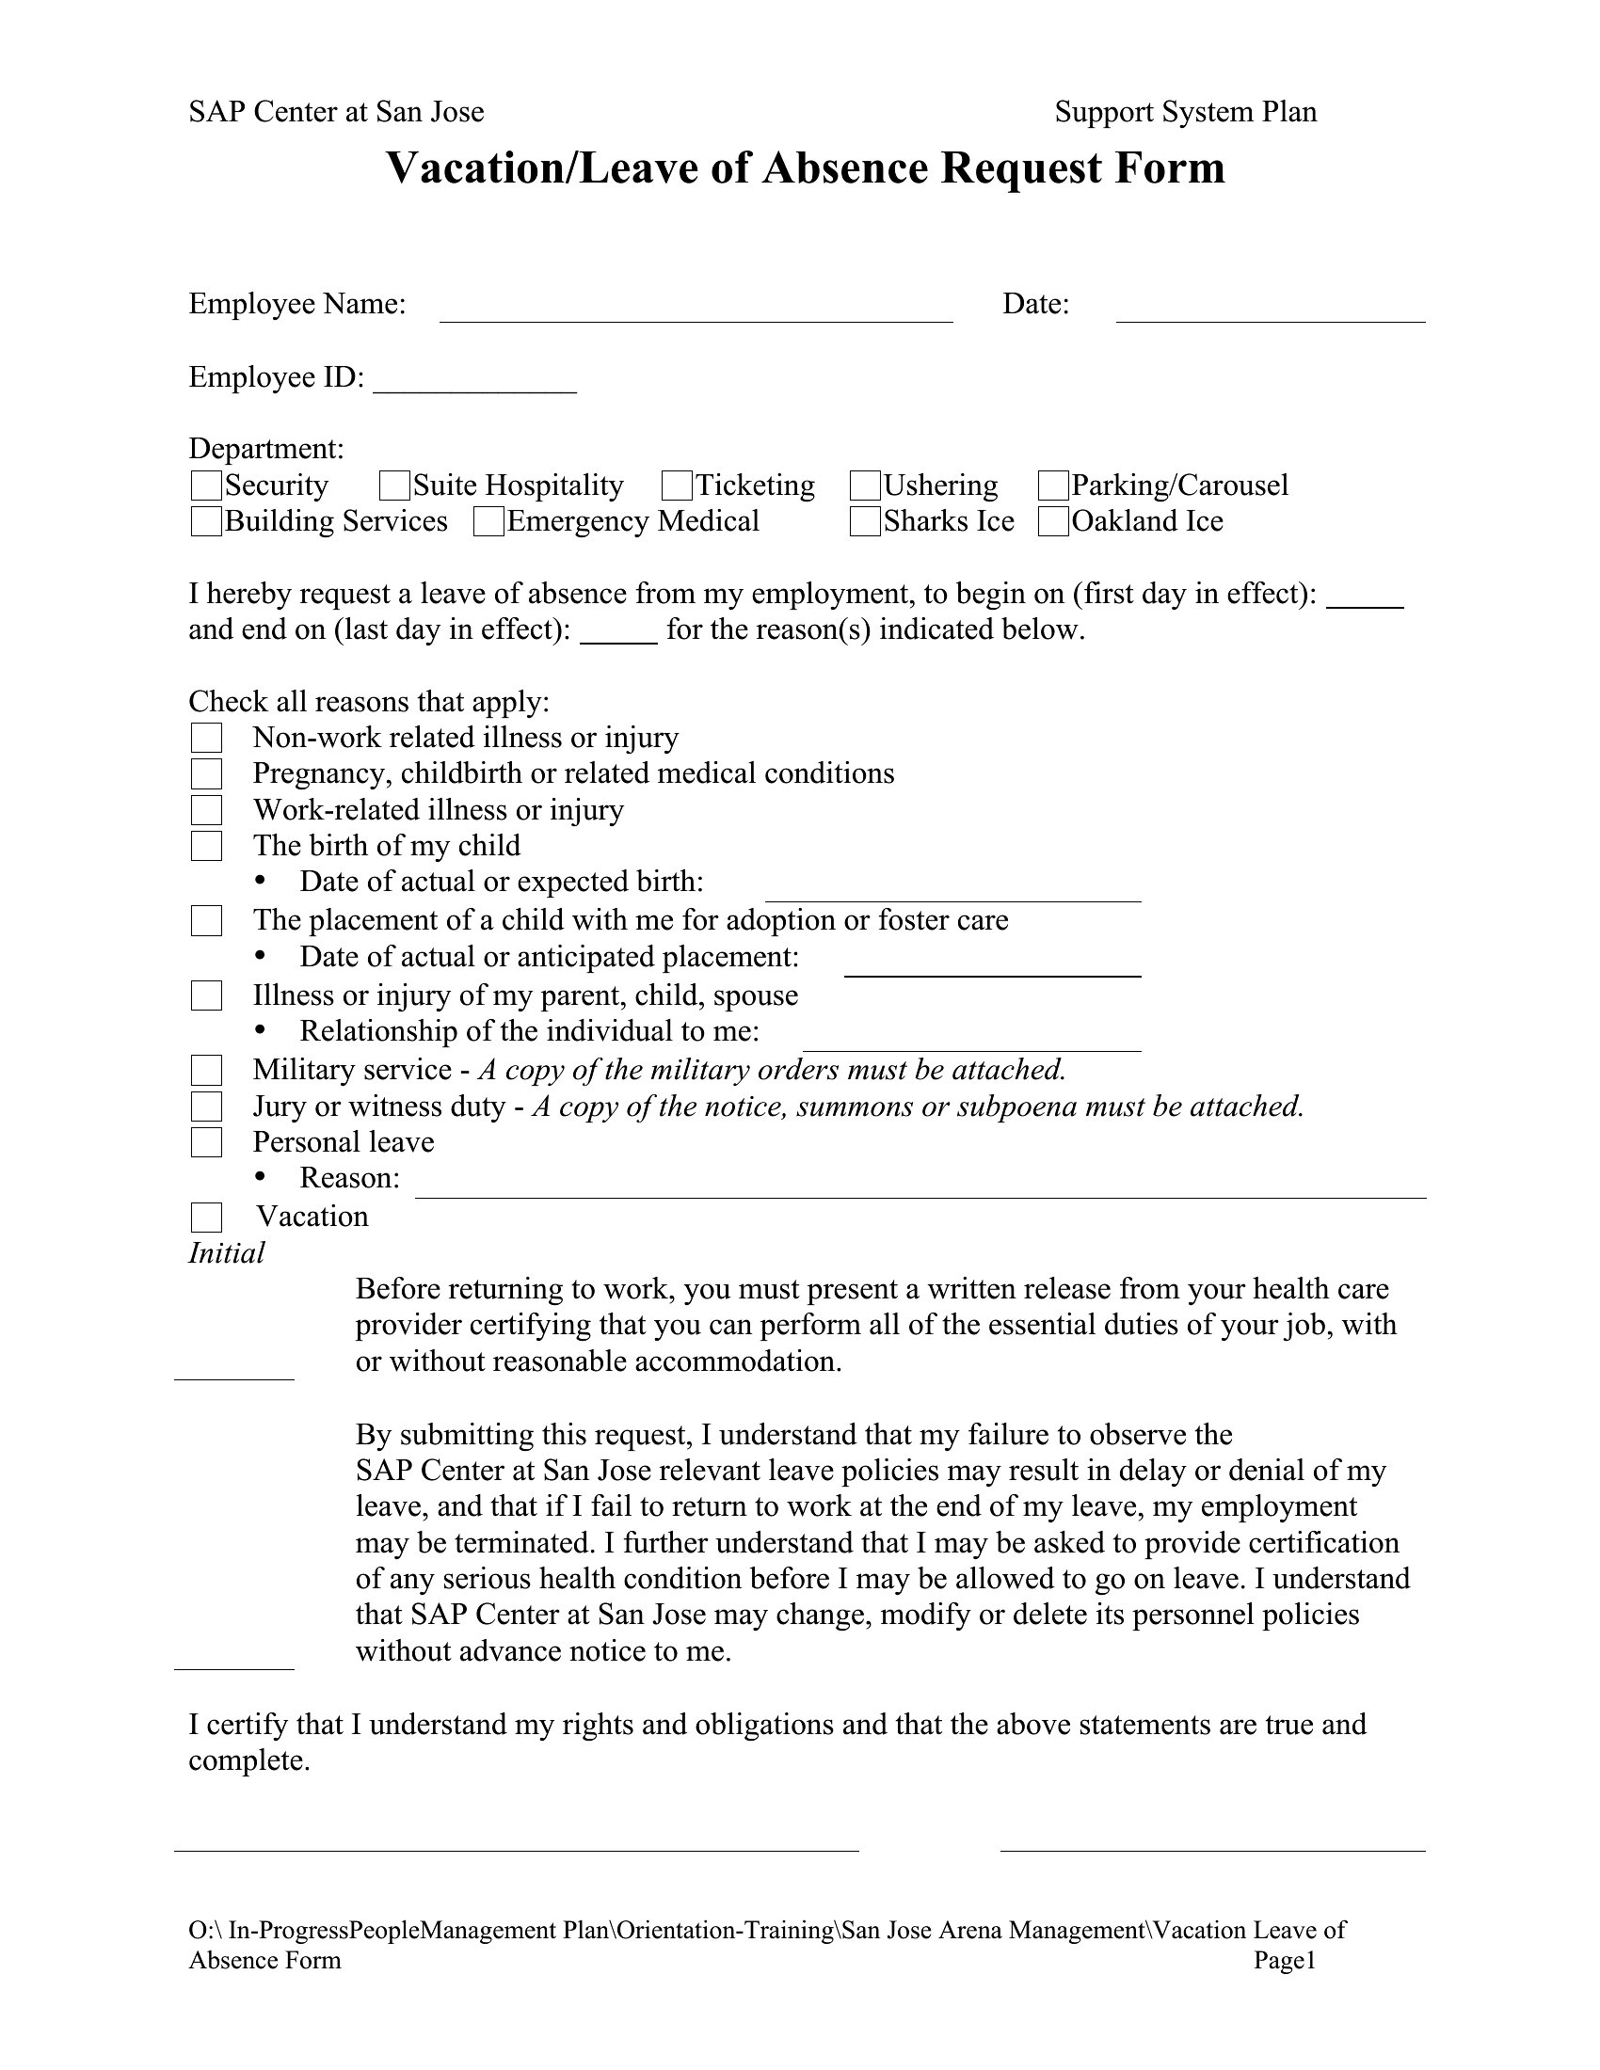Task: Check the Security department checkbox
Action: (206, 486)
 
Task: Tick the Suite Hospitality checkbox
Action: (394, 486)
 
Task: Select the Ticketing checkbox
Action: (677, 486)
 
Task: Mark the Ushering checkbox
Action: (865, 486)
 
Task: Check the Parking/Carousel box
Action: (1053, 486)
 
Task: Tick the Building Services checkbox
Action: (206, 521)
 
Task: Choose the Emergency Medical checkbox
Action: (488, 521)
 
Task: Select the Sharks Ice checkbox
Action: (865, 521)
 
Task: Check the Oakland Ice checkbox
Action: (1053, 521)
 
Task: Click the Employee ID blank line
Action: (475, 383)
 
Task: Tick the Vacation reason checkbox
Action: (207, 1217)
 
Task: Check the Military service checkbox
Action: (207, 1070)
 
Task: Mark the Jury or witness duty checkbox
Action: (207, 1107)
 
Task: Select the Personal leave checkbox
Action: (207, 1142)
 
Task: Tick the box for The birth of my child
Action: (207, 846)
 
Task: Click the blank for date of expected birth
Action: (952, 890)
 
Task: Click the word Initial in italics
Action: (227, 1253)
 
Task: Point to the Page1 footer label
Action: (1286, 1960)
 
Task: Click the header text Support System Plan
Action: (1186, 112)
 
